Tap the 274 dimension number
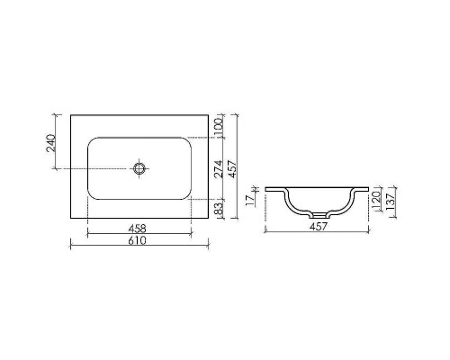pyautogui.click(x=219, y=168)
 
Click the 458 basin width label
pyautogui.click(x=138, y=229)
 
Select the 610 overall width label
pyautogui.click(x=138, y=241)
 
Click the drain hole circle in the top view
pyautogui.click(x=139, y=167)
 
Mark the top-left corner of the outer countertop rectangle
pyautogui.click(x=70, y=115)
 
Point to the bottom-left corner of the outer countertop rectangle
pyautogui.click(x=70, y=220)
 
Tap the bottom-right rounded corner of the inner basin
pyautogui.click(x=187, y=195)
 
